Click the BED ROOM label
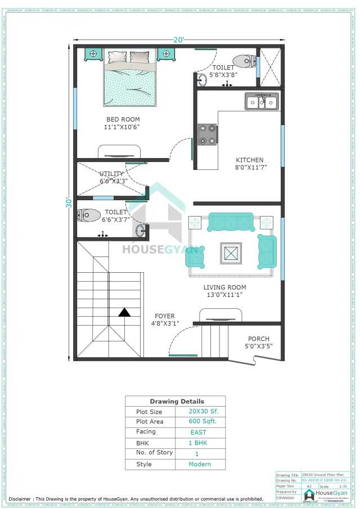point(123,119)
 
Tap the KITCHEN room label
point(249,160)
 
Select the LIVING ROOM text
point(224,287)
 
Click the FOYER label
point(165,316)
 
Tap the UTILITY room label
point(111,174)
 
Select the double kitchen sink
point(261,102)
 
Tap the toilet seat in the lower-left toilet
point(89,215)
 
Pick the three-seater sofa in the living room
point(230,222)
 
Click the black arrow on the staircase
point(124,312)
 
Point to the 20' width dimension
point(179,40)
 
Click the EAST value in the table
point(199,432)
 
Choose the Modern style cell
point(200,464)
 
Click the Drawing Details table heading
point(177,402)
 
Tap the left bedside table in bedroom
point(92,54)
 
